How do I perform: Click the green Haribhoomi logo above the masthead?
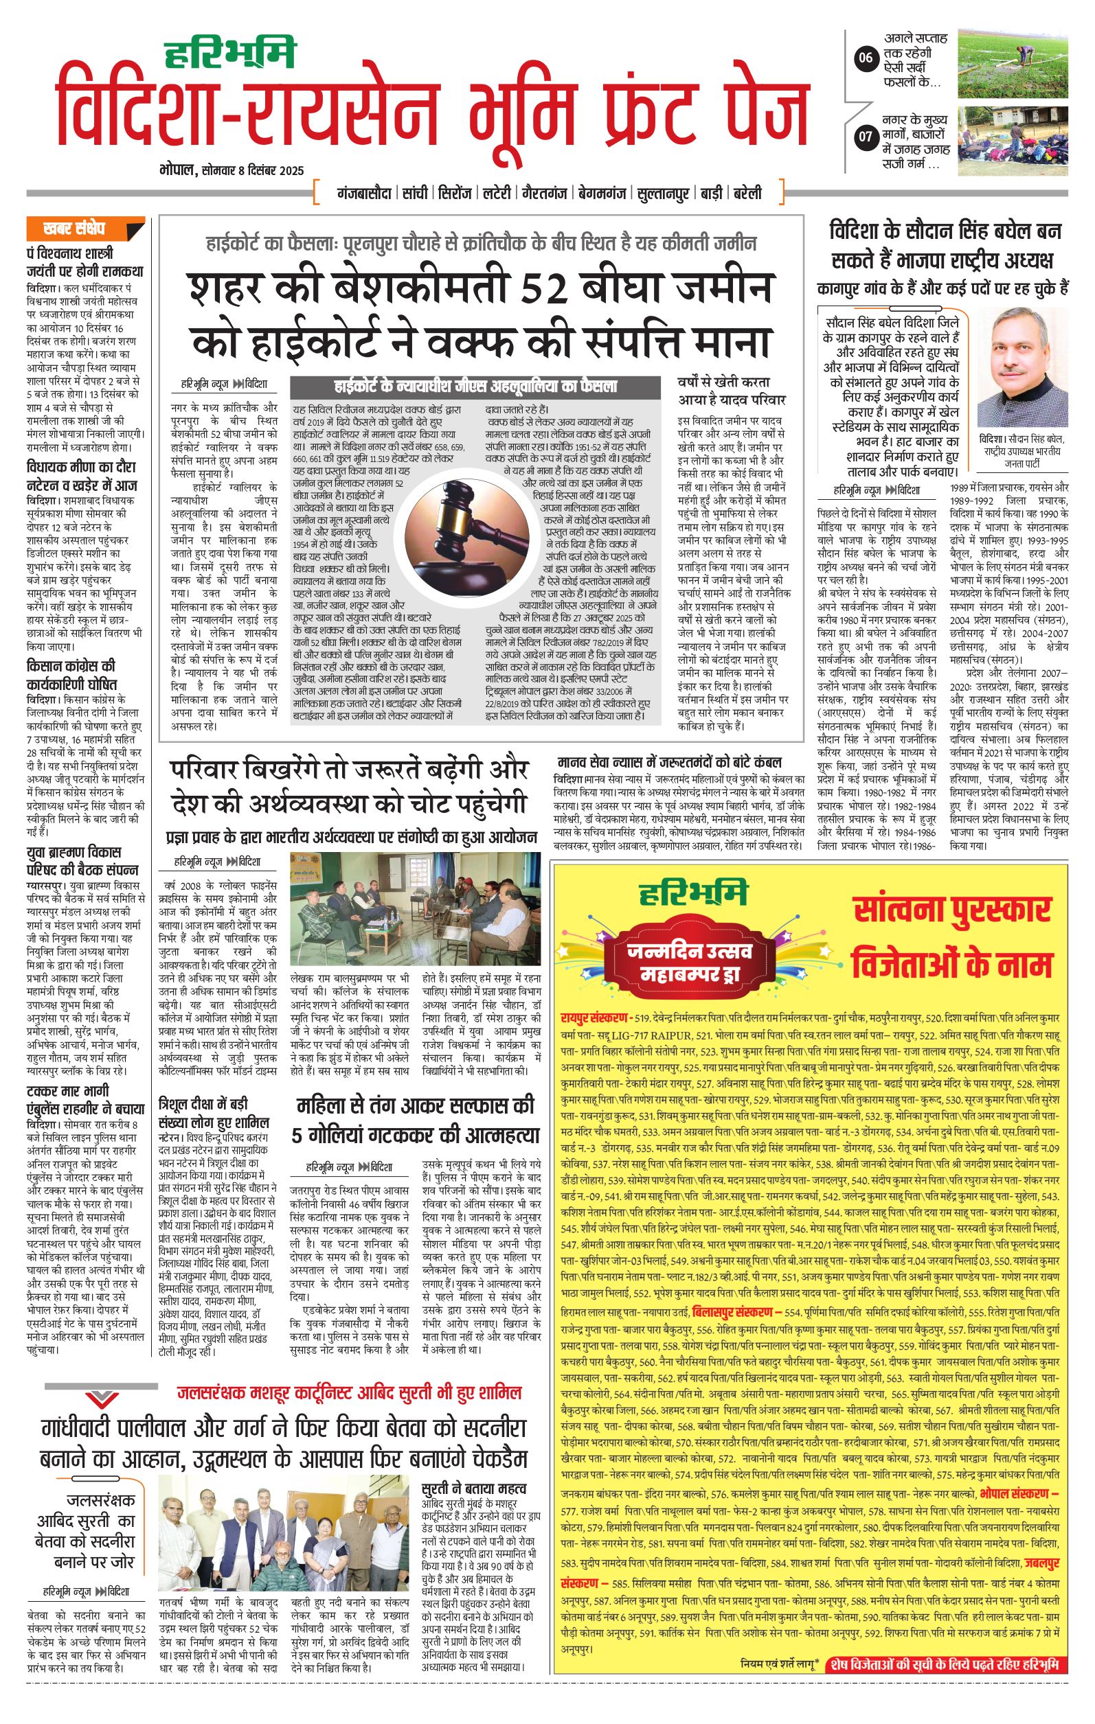tap(230, 52)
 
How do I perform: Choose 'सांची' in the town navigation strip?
tap(415, 194)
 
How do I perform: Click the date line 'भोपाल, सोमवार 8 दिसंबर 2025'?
tap(232, 171)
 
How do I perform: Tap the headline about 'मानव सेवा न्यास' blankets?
tap(669, 762)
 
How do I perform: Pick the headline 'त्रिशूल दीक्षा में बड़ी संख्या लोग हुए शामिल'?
tap(214, 1112)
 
